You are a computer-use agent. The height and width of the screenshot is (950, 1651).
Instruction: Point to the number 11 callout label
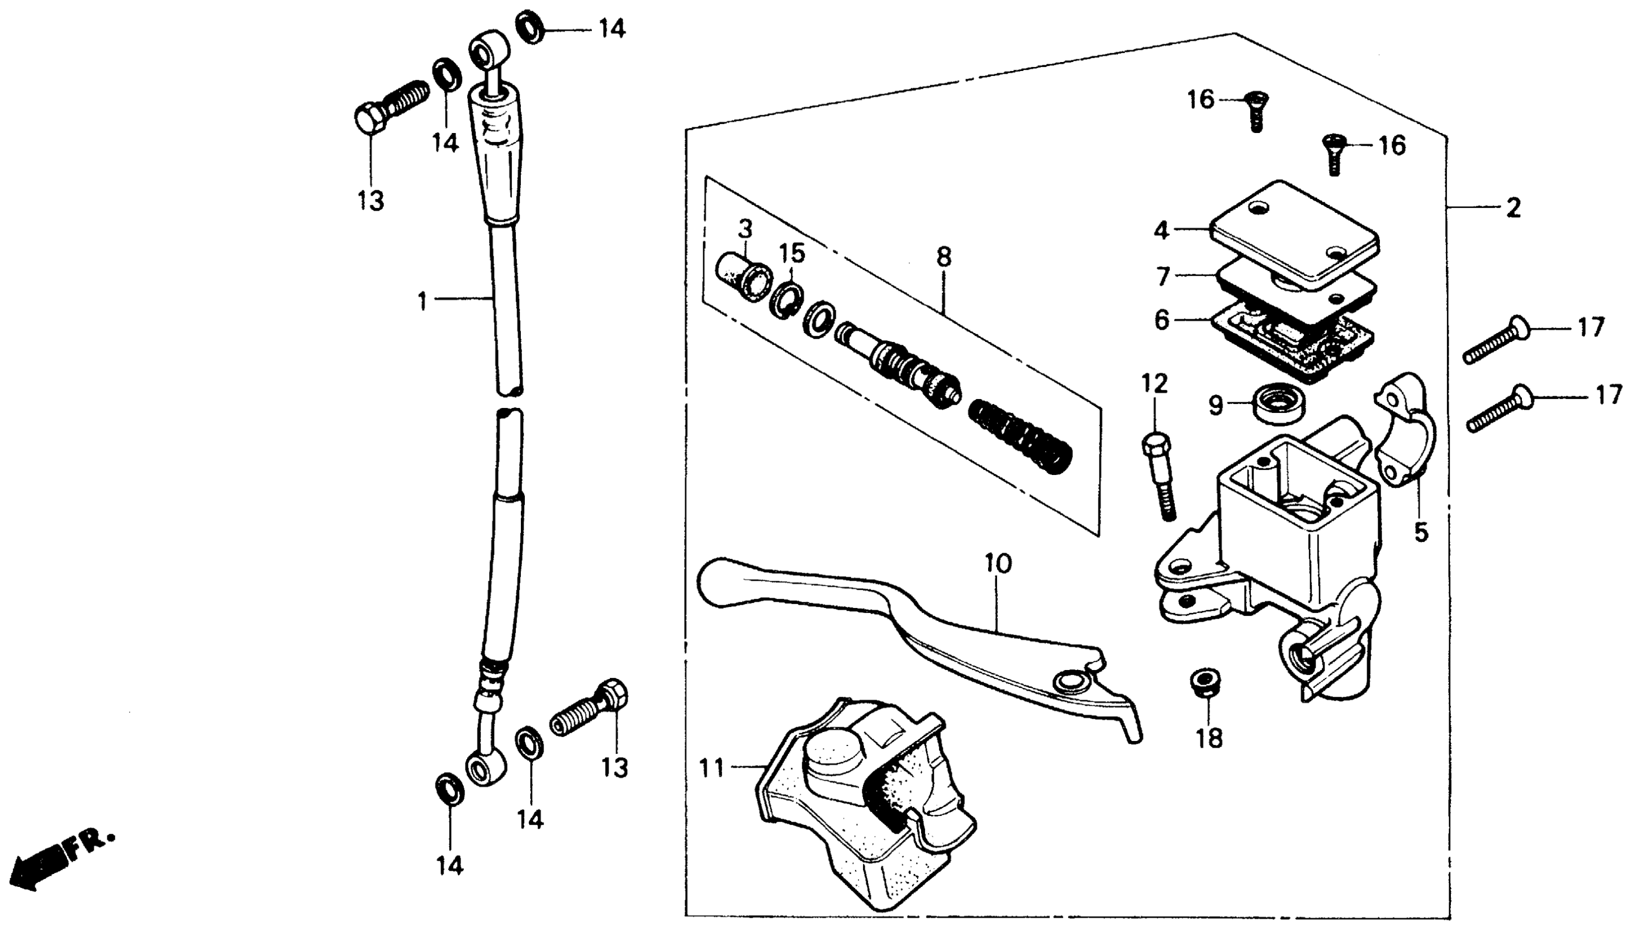tap(712, 768)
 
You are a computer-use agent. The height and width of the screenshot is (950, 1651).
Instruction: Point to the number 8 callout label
tap(943, 257)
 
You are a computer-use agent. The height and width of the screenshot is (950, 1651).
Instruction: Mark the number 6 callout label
tap(1161, 320)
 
